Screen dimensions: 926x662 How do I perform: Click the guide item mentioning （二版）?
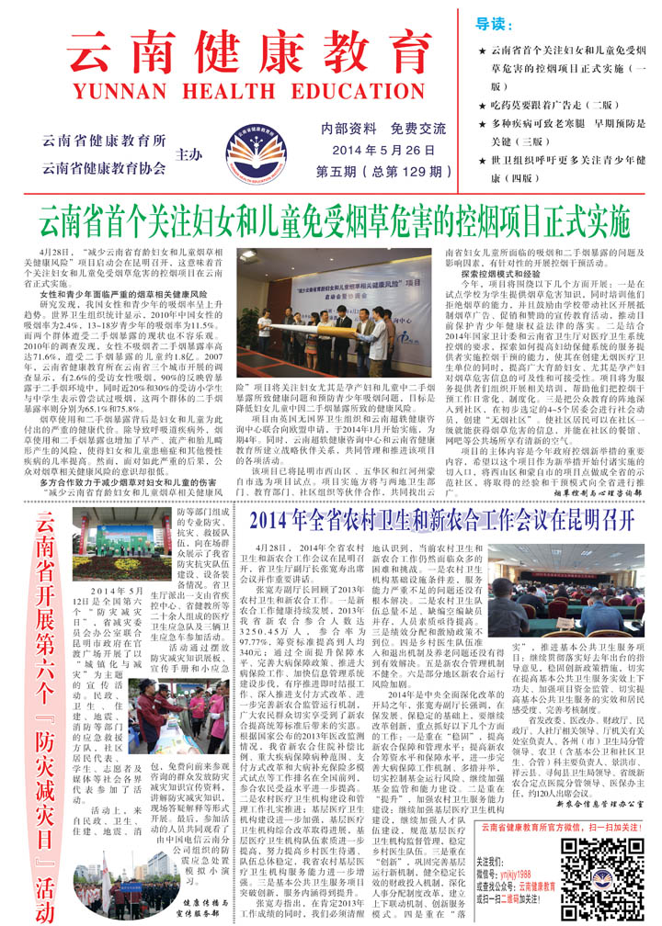[x=568, y=106]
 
